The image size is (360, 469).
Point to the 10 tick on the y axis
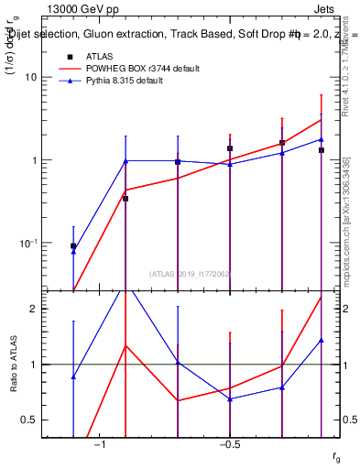click(x=30, y=77)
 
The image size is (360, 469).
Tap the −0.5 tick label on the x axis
click(x=229, y=445)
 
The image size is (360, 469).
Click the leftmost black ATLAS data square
click(x=73, y=246)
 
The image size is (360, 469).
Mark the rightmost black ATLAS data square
click(x=322, y=150)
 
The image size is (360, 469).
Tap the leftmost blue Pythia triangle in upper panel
click(x=73, y=251)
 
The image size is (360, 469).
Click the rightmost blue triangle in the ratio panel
click(x=322, y=341)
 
